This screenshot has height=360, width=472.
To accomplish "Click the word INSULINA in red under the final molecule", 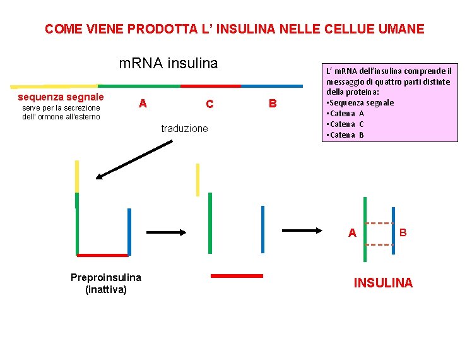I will (x=383, y=283).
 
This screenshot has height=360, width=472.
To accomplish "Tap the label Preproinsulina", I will (x=105, y=278).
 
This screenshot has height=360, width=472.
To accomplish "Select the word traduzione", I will (x=184, y=129).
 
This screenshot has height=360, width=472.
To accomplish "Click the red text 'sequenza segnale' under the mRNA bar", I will (x=61, y=97).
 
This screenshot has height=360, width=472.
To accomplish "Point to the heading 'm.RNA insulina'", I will (x=168, y=63).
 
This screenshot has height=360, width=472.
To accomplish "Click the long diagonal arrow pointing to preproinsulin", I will (x=133, y=160).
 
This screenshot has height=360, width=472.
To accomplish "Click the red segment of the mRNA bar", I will (x=210, y=85).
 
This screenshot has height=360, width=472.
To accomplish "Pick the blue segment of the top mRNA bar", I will (x=271, y=85).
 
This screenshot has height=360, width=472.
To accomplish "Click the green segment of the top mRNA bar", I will (x=139, y=85).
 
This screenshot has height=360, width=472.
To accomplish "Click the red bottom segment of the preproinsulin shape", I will (x=102, y=255).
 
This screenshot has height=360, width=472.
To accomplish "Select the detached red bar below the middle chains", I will (x=236, y=276).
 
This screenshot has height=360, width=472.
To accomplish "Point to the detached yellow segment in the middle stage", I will (x=198, y=179).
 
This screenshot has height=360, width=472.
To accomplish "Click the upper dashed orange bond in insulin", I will (x=379, y=224).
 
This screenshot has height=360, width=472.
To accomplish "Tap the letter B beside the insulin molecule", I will (x=403, y=232).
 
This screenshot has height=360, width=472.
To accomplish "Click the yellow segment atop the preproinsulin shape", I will (x=77, y=176).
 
